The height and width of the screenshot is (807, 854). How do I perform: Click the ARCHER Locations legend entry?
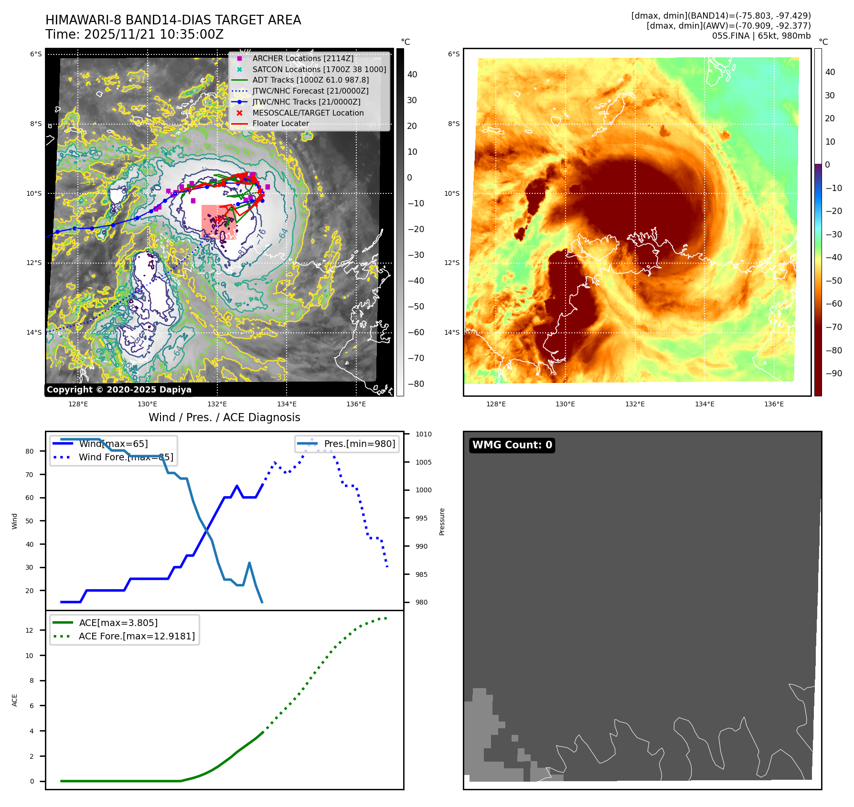(303, 58)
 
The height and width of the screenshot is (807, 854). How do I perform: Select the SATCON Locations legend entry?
(319, 69)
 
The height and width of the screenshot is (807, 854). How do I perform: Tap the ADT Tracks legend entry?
(310, 80)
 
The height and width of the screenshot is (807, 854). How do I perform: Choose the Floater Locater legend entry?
(280, 123)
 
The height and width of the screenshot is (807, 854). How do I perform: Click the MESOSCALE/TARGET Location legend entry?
(308, 113)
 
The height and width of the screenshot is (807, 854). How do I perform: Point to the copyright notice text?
(119, 390)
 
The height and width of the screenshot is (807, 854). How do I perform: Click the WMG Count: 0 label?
(512, 445)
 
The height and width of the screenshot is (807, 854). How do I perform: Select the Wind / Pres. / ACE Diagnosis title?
(224, 417)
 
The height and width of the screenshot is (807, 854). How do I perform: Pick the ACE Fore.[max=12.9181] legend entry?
(137, 636)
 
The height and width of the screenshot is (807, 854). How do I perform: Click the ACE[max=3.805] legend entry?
(118, 623)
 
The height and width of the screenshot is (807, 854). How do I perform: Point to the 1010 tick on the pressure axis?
(423, 434)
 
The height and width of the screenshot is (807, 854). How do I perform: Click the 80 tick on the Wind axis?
(30, 451)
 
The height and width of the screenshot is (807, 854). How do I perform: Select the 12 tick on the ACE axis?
(30, 630)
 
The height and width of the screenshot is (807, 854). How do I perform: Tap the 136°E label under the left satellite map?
(356, 404)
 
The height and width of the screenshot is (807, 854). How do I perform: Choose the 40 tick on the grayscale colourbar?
(412, 74)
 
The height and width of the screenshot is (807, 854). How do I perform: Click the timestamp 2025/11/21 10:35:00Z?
(154, 34)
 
